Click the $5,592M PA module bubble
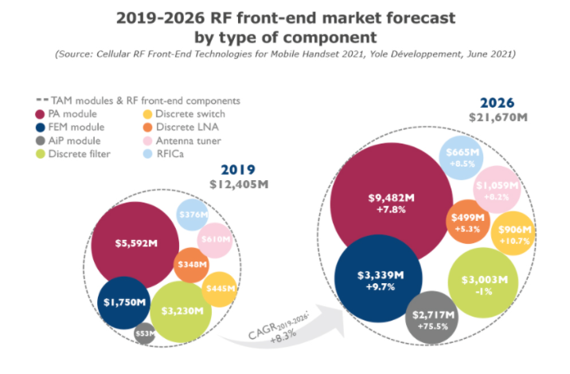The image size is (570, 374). click(134, 244)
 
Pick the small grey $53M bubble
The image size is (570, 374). click(144, 333)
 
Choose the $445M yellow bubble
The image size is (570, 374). click(220, 289)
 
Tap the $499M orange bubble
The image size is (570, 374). click(467, 221)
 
